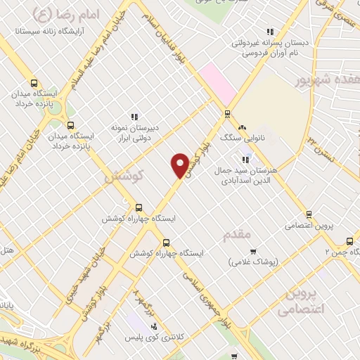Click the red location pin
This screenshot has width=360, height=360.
(180, 165)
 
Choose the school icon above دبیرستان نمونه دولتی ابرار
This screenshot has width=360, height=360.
(134, 117)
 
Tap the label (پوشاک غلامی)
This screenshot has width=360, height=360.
(254, 262)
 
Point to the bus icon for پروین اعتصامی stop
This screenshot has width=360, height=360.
(308, 214)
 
